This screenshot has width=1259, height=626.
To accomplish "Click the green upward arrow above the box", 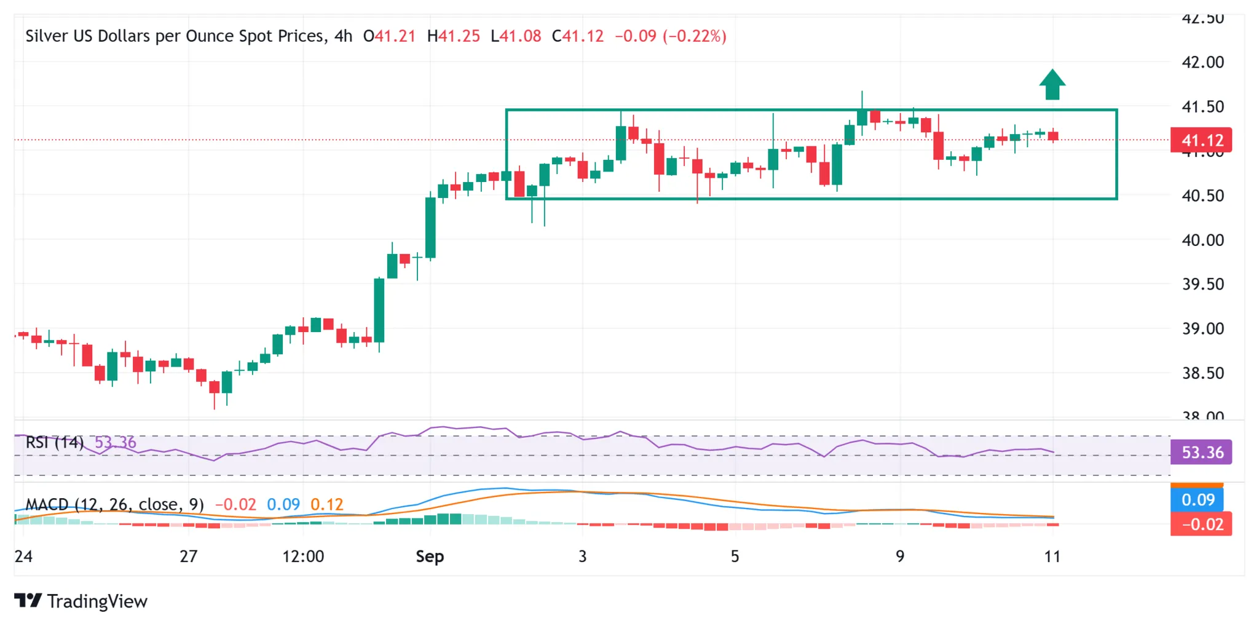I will [x=1052, y=85].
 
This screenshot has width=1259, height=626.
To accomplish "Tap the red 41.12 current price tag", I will [x=1201, y=140].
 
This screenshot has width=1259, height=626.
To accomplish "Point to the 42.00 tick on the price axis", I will [x=1202, y=62].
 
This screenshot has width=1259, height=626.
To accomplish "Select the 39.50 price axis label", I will [x=1202, y=284].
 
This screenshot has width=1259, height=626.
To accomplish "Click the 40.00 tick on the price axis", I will [x=1202, y=240].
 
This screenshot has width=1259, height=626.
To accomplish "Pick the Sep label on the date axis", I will [x=430, y=557].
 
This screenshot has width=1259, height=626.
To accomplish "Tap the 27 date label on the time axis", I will [x=189, y=557].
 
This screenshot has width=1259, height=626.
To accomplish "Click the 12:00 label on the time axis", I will [x=303, y=557].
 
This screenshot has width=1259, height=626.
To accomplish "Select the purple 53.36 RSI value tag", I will [x=1201, y=453].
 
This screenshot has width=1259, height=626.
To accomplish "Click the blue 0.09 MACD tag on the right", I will [x=1198, y=500].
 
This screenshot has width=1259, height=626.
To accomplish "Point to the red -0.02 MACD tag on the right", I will [x=1201, y=525].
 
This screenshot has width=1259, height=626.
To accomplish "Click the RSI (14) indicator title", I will [x=55, y=442].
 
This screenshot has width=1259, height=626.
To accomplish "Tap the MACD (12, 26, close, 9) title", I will [x=114, y=505].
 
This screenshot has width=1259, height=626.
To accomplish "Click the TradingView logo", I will [x=81, y=601].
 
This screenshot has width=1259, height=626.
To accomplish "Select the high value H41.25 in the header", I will [x=454, y=36].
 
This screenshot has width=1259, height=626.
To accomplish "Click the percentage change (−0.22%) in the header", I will [x=694, y=36].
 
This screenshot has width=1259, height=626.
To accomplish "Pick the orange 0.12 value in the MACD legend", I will [x=326, y=505].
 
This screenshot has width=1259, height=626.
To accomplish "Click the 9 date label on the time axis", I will [x=900, y=557].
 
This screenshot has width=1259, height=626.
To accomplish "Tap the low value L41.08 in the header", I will [x=516, y=36].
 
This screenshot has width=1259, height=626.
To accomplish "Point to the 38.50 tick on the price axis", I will [x=1202, y=373].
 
